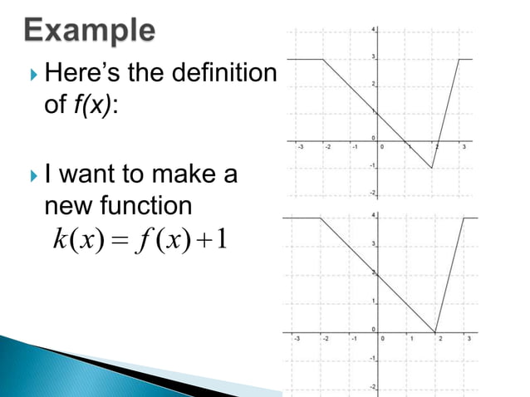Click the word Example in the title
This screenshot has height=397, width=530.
(x=87, y=32)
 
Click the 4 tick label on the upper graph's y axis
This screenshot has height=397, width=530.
(x=373, y=30)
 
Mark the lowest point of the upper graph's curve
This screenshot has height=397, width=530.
(x=433, y=168)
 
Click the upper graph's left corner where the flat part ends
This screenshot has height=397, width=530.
(x=323, y=59)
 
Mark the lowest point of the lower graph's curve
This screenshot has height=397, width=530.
(x=434, y=331)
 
